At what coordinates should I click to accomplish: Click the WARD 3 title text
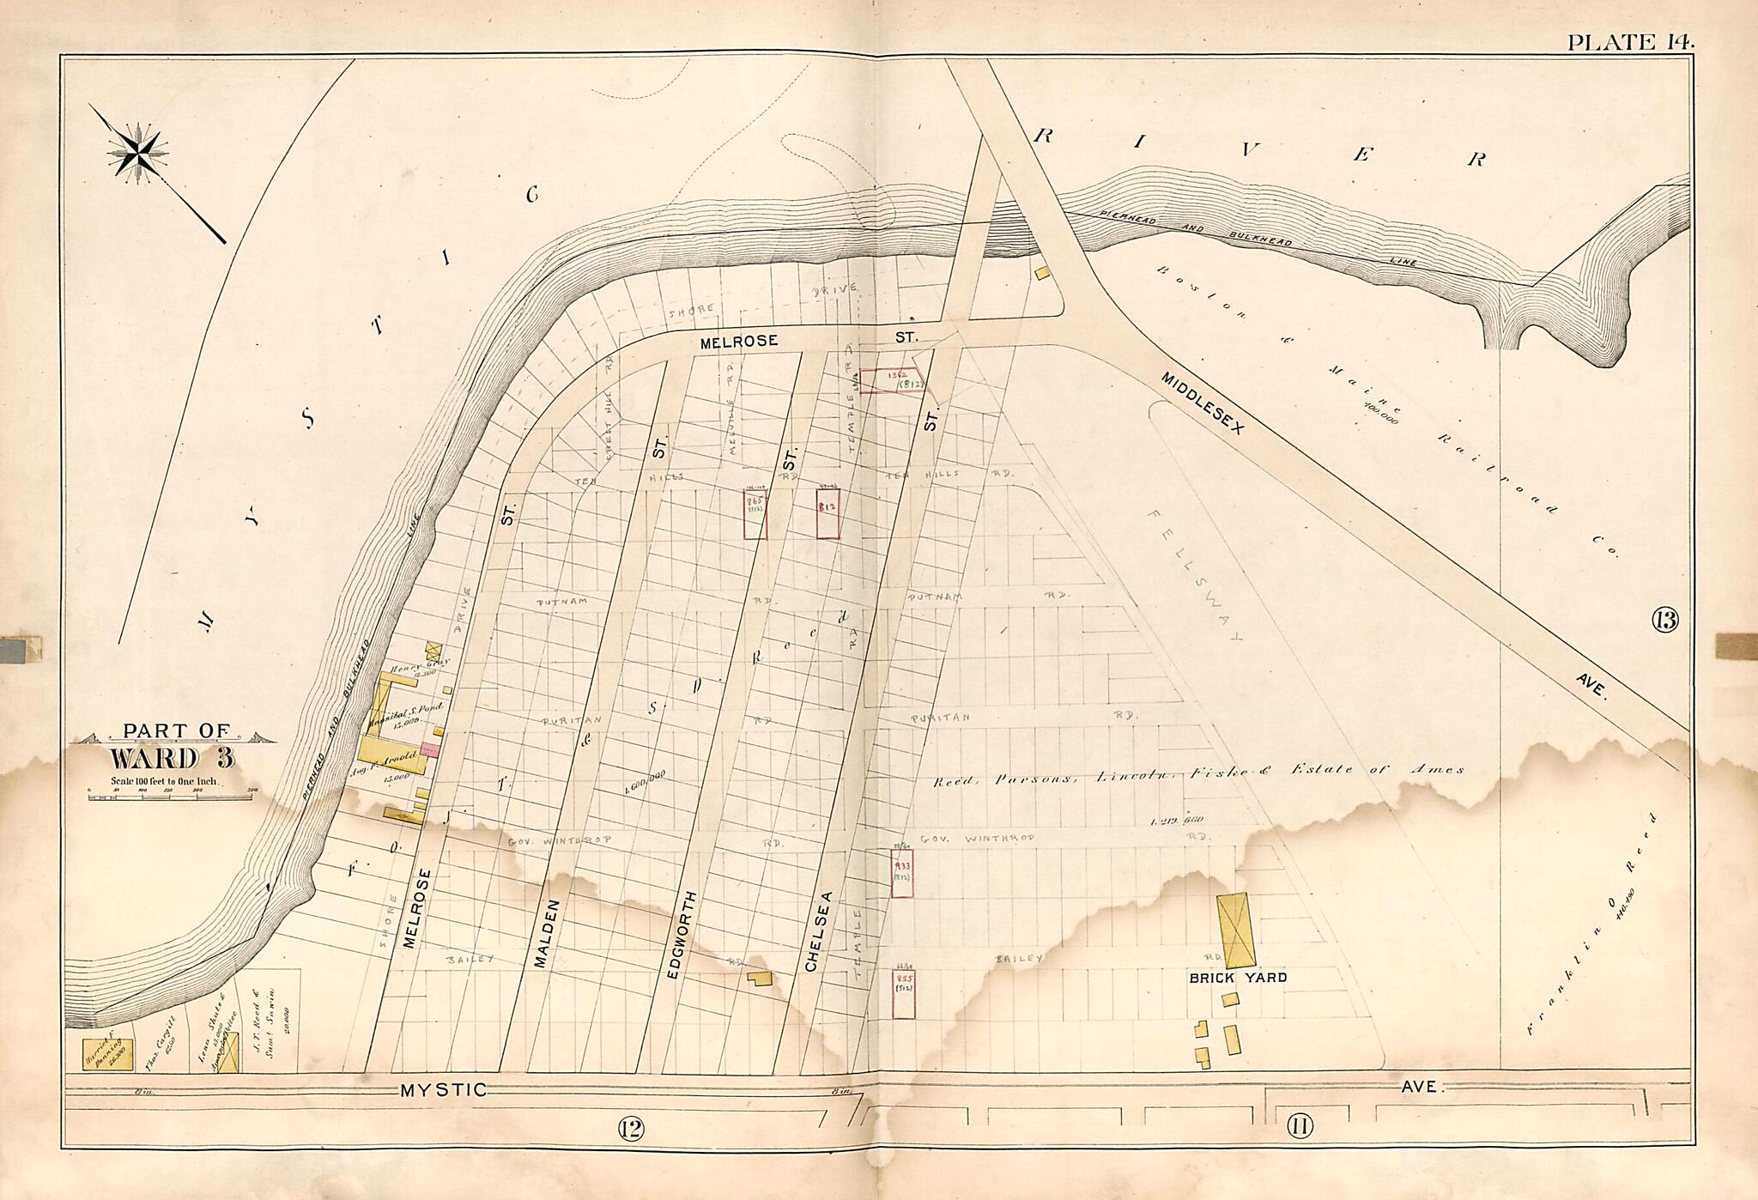[x=172, y=760]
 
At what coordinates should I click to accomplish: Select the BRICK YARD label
[x=1237, y=978]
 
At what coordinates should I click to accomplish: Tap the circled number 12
[x=630, y=1128]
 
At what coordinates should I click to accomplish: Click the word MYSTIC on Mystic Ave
[x=443, y=1090]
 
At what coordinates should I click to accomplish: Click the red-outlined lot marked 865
[x=755, y=514]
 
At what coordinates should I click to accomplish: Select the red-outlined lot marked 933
[x=901, y=873]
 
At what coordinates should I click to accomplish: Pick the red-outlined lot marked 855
[x=903, y=994]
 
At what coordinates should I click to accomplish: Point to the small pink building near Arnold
[x=430, y=750]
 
